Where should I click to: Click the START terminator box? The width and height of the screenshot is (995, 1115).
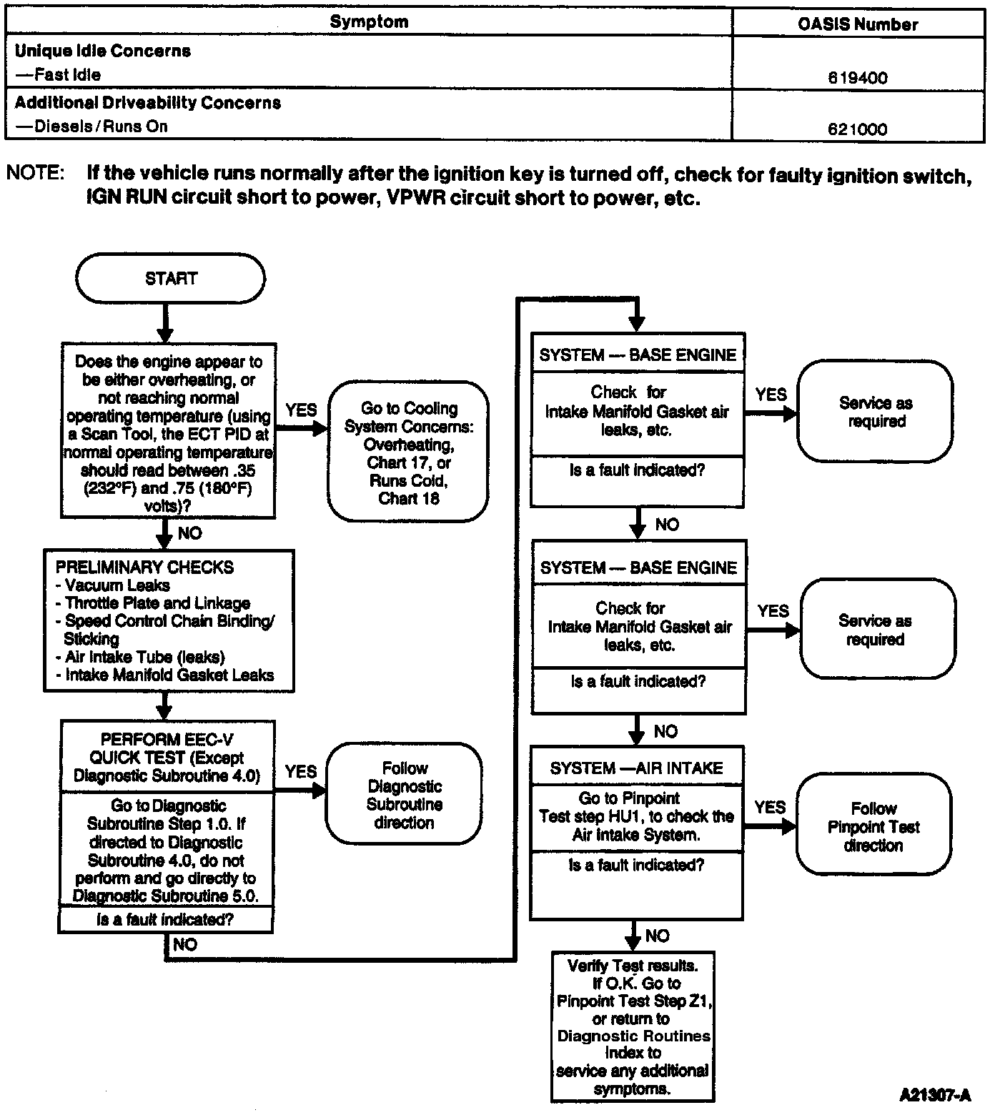click(170, 278)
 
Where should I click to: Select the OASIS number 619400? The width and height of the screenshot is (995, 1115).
click(858, 78)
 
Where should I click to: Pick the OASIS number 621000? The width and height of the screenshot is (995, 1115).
click(858, 129)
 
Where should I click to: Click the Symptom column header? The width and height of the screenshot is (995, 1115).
click(369, 22)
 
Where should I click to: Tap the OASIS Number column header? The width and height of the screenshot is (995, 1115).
click(858, 24)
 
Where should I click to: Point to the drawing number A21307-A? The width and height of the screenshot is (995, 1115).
click(935, 1096)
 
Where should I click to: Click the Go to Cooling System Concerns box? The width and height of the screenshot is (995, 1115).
click(408, 452)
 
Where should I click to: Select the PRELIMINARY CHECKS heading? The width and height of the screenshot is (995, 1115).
click(144, 568)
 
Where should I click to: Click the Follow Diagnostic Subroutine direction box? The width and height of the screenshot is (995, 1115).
click(405, 795)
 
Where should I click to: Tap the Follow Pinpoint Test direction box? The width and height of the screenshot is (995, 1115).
click(873, 826)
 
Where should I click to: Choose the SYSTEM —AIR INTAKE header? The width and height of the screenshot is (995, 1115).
click(636, 768)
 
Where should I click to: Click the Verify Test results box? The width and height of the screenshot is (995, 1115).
click(633, 1026)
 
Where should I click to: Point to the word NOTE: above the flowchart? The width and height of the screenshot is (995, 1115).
click(35, 173)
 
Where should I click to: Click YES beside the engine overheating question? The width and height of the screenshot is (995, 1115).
click(301, 410)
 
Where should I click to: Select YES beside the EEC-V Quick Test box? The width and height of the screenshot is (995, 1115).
click(300, 772)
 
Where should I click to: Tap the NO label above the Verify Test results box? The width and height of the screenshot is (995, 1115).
click(657, 936)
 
